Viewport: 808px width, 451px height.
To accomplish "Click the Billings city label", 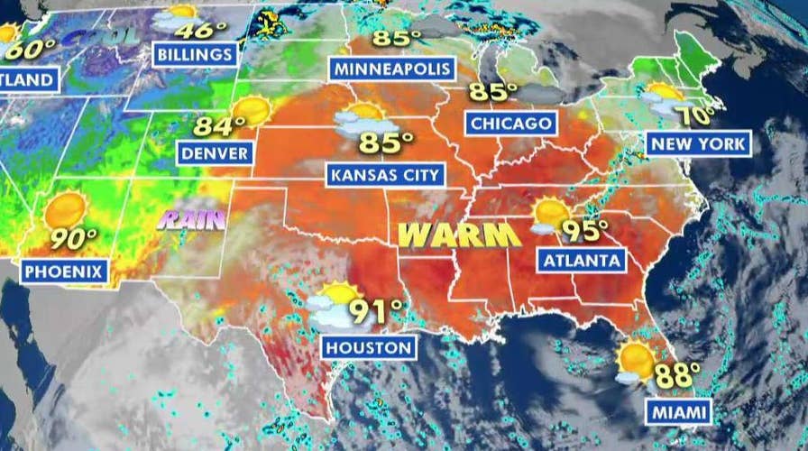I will click(193, 54).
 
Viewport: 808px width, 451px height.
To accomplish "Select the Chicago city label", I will click(510, 123).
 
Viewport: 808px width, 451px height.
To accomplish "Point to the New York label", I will click(697, 143).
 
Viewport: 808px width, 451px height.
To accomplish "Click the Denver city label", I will click(215, 153).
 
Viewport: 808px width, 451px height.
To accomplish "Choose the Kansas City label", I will click(385, 173).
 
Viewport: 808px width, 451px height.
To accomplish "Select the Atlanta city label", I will click(582, 261).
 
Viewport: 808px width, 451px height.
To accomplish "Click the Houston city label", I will click(369, 346).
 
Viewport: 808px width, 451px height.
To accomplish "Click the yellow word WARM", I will click(459, 235).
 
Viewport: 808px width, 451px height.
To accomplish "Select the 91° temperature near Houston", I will click(377, 311).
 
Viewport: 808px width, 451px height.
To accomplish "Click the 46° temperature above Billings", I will click(203, 29).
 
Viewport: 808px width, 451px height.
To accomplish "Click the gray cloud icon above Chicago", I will click(539, 95).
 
